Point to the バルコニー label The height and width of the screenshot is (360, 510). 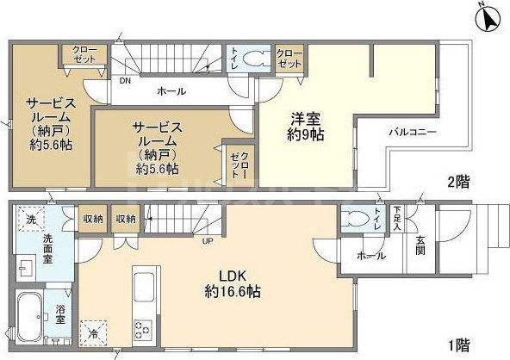click(411, 132)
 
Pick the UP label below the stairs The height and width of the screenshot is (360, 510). click(208, 239)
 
